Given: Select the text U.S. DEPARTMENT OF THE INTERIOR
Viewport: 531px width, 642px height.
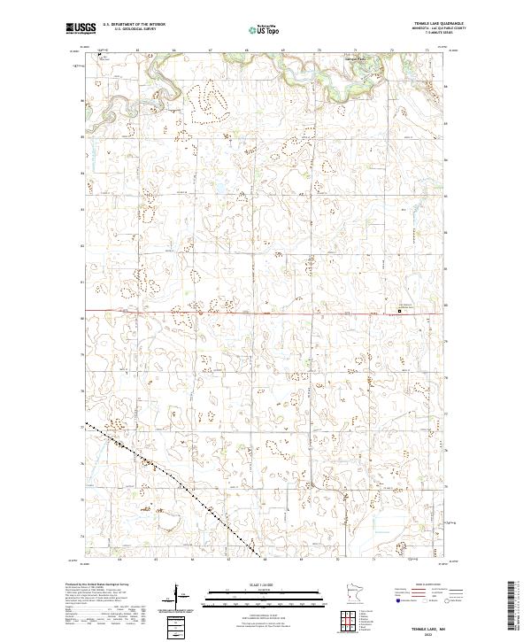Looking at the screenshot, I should coord(134,25).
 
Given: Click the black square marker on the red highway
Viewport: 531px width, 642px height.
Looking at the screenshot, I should coord(398,311).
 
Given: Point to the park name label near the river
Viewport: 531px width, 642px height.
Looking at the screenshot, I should coord(355,61).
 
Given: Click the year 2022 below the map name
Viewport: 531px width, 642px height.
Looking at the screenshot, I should coord(434,633).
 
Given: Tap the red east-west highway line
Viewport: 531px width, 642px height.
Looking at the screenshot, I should coord(221,312).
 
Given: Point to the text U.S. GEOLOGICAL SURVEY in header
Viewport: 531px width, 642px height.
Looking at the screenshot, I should coord(128,29).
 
